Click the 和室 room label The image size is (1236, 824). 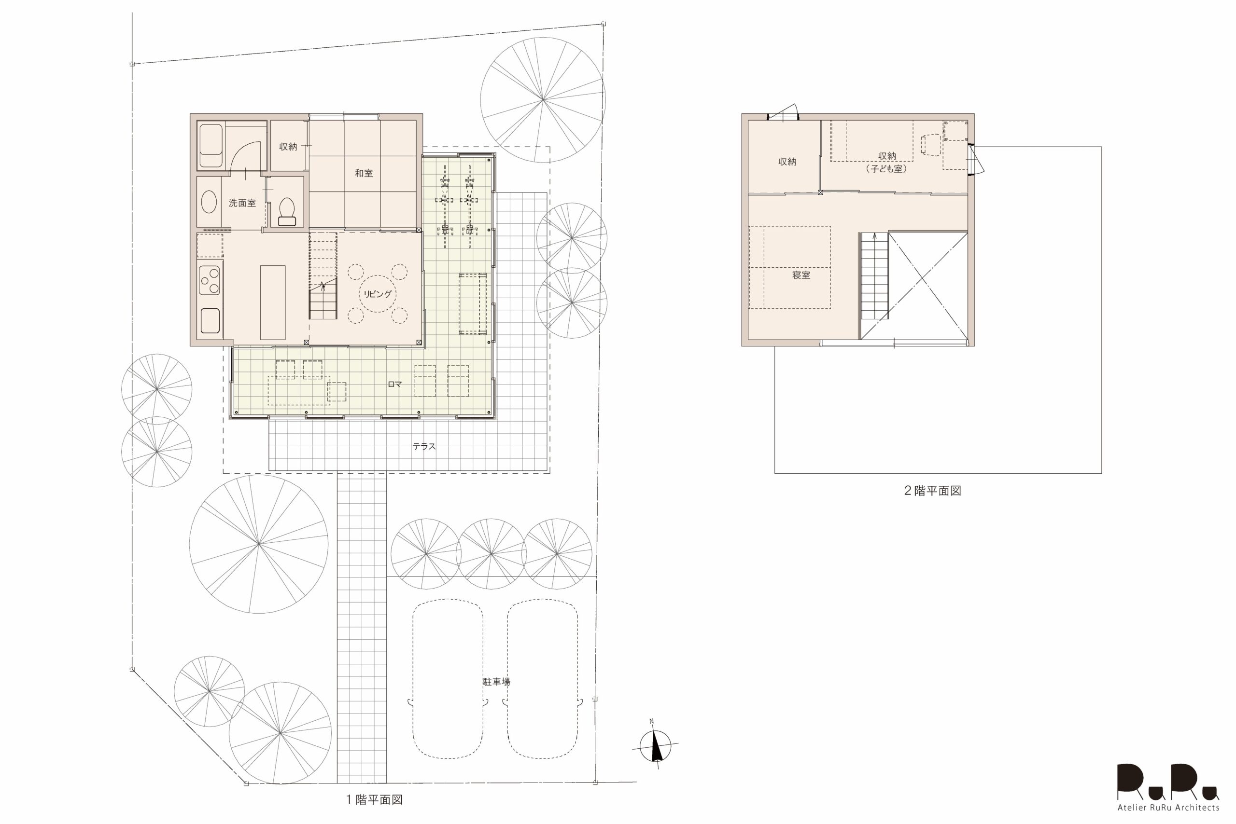click(364, 173)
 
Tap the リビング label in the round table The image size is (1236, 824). click(377, 294)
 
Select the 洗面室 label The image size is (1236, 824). click(242, 203)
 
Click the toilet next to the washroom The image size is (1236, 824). click(287, 212)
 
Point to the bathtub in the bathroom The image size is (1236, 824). click(211, 146)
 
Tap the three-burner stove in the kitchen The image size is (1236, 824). click(210, 282)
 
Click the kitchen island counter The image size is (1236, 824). click(273, 302)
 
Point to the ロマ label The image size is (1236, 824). click(394, 384)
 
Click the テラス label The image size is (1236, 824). click(424, 446)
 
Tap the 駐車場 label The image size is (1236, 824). click(496, 682)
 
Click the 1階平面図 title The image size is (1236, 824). click(374, 799)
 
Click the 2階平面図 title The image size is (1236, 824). click(932, 490)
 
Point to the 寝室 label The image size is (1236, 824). click(801, 275)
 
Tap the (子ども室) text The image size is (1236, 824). click(886, 169)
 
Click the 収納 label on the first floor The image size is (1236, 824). click(288, 147)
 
